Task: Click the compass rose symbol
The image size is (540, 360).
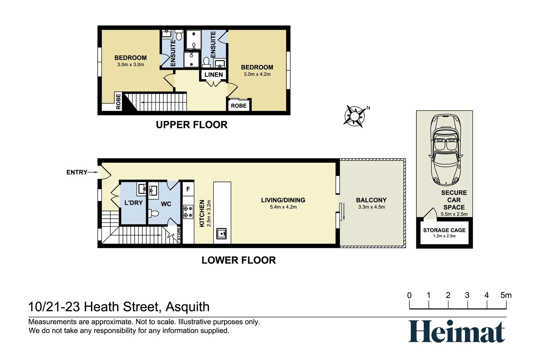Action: (354, 116)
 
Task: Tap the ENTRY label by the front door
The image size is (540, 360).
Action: (77, 172)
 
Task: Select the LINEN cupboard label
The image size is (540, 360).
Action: (213, 75)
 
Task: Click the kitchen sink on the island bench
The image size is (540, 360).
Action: (222, 233)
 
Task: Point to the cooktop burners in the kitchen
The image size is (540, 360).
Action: (188, 212)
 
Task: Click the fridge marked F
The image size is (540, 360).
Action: (188, 189)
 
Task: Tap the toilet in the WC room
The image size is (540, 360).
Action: (154, 213)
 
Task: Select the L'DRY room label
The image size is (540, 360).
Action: (133, 203)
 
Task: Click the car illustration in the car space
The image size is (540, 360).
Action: (446, 150)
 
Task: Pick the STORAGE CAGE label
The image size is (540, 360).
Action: (444, 230)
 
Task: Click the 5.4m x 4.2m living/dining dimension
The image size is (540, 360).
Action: (283, 207)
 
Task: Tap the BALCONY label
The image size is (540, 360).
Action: (371, 200)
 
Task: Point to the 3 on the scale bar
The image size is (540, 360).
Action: (467, 295)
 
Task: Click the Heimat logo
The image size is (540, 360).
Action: (456, 331)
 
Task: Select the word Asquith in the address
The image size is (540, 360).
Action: (187, 307)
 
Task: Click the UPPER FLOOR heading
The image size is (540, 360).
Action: (192, 125)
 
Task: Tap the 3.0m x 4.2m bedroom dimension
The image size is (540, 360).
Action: (257, 74)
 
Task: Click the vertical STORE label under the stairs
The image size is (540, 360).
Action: (179, 234)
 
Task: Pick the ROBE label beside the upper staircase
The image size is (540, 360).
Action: (118, 102)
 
